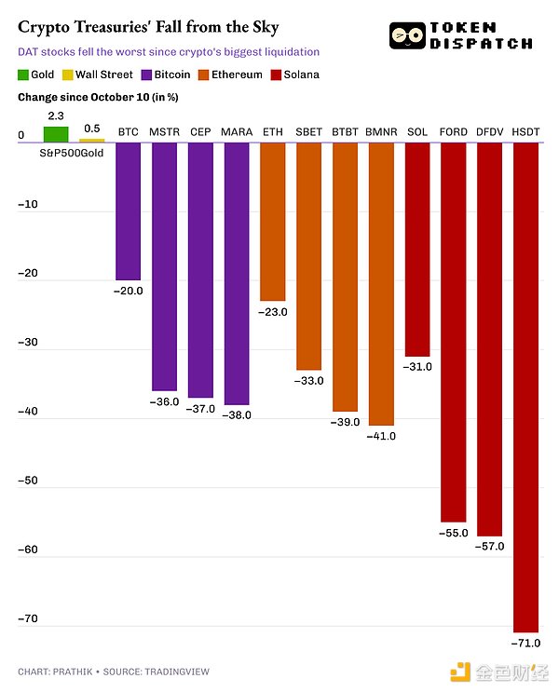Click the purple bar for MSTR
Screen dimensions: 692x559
[164, 265]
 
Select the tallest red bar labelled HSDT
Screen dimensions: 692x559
[525, 387]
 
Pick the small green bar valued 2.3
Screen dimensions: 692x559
[56, 134]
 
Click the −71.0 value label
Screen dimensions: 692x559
[525, 643]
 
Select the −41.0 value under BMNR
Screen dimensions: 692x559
[380, 436]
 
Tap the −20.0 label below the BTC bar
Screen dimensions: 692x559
[128, 292]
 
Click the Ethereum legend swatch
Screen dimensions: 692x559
[205, 75]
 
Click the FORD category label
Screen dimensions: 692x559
[453, 132]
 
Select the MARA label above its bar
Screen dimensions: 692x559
[236, 132]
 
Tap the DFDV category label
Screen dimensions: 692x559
[489, 132]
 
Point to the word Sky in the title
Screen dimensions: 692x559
[264, 27]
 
